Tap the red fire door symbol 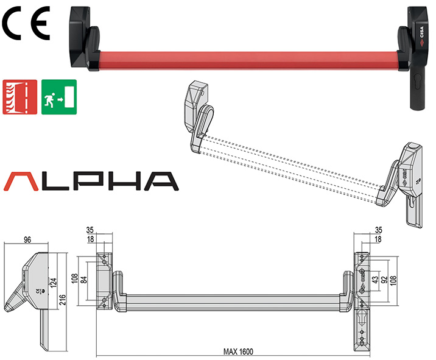pos(18,97)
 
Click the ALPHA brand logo pos(90,180)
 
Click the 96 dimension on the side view pos(26,239)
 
